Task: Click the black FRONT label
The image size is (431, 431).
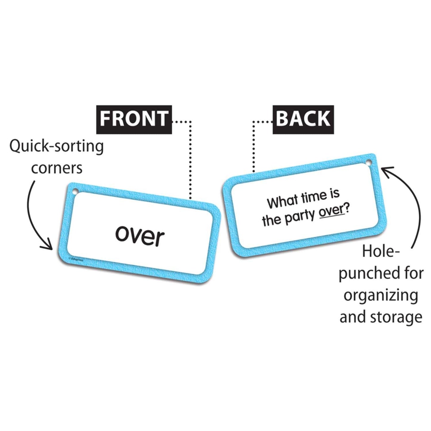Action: pos(134,119)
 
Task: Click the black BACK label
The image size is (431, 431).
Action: pos(303,119)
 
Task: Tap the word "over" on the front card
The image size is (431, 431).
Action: pos(140,236)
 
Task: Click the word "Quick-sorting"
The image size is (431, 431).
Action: pos(57,147)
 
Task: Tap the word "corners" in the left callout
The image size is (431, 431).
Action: pos(57,168)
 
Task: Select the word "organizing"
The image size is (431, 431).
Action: pos(381,296)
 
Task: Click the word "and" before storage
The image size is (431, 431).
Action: pos(353,317)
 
